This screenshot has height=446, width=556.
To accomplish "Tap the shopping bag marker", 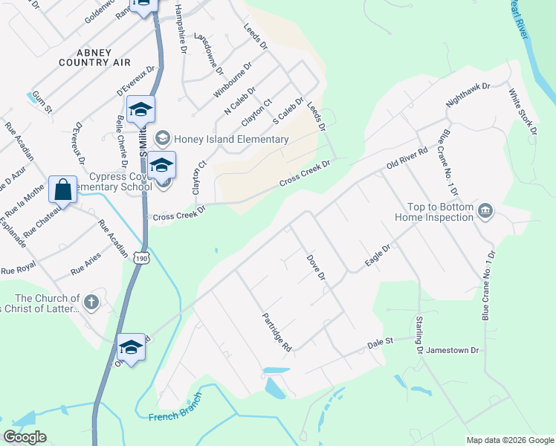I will coord(63,190).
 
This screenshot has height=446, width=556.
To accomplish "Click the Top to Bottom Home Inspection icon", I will coord(485,211).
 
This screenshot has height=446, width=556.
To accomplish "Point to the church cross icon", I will coord(91,302).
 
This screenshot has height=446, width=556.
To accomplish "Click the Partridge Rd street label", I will coord(277,332).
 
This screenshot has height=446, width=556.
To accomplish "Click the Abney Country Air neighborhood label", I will coord(94,57).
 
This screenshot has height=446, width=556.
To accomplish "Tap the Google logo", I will coord(25,437).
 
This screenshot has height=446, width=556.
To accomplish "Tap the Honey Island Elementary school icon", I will coord(161,139).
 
